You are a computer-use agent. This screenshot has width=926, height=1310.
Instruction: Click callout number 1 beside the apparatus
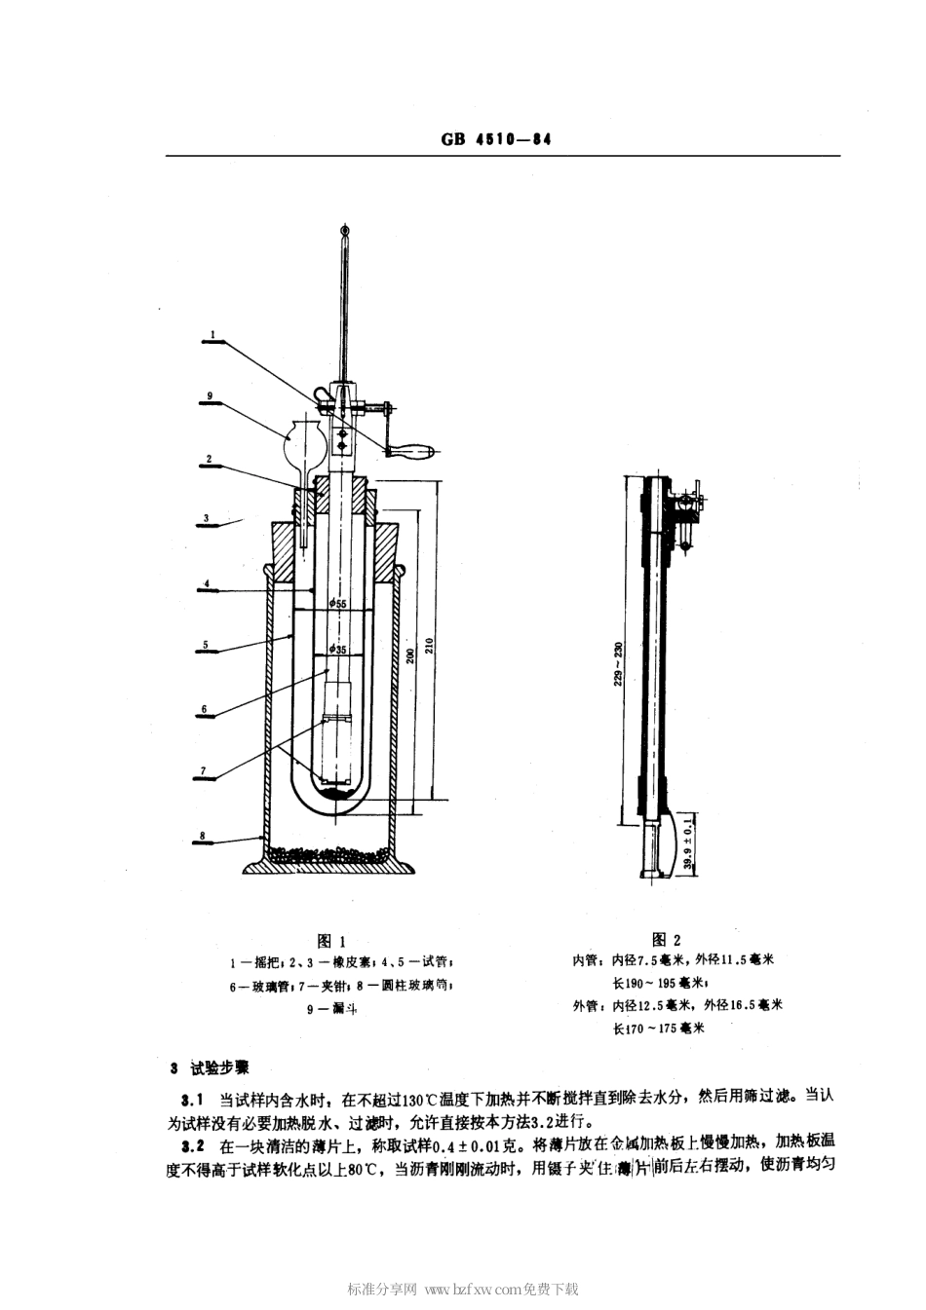click(212, 333)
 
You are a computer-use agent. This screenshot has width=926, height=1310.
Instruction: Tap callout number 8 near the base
click(202, 836)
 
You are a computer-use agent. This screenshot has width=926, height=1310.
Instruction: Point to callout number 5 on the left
click(207, 644)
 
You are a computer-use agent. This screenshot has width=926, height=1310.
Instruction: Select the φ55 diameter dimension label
click(337, 604)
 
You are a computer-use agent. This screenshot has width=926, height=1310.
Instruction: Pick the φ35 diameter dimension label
click(337, 649)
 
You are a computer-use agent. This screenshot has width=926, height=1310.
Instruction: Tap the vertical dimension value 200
click(410, 655)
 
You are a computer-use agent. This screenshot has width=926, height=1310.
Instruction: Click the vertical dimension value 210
click(430, 646)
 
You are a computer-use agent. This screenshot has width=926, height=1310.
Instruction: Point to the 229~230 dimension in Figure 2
click(618, 663)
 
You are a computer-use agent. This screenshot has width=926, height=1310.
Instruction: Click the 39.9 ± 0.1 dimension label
click(689, 843)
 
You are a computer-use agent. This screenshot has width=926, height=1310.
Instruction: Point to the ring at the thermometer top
click(344, 229)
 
